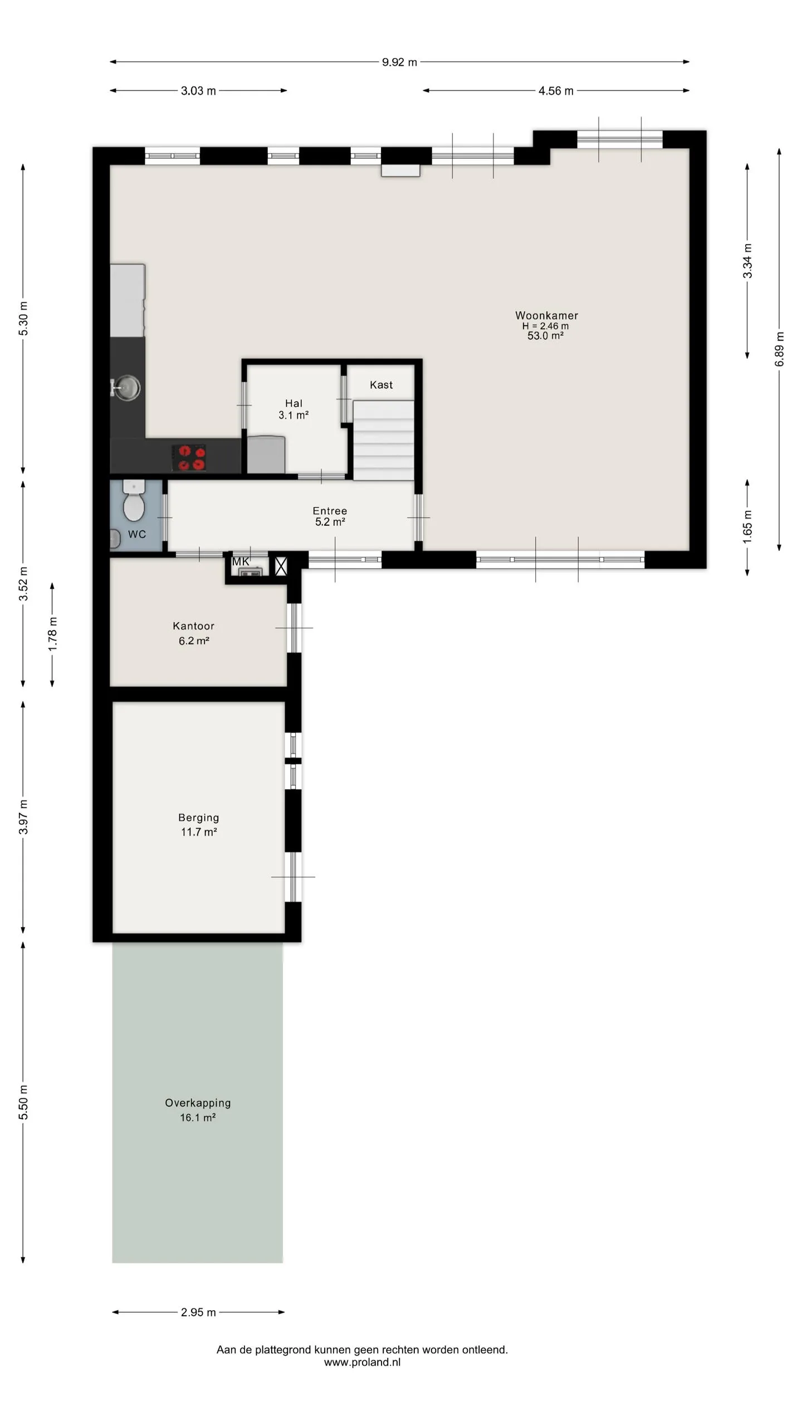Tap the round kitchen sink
click(128, 387)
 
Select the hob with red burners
click(189, 457)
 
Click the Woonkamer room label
click(546, 315)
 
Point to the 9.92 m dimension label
click(399, 62)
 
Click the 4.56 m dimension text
click(556, 91)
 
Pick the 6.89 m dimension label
click(779, 349)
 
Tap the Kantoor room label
click(193, 626)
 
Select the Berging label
click(199, 817)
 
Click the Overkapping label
click(198, 1102)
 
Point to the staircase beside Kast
click(384, 440)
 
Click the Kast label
click(382, 384)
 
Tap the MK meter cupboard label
click(241, 561)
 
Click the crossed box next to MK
click(281, 567)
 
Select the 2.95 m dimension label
click(198, 1312)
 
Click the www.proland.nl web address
click(362, 1362)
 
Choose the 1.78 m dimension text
click(52, 634)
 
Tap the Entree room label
click(330, 510)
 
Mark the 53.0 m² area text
click(545, 335)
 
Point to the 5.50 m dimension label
click(23, 1102)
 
